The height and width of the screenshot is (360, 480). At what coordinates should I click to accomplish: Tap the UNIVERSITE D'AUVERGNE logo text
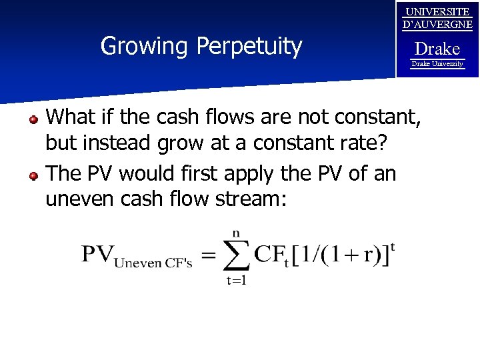(437, 18)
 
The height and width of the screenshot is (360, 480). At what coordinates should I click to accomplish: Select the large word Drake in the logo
(437, 49)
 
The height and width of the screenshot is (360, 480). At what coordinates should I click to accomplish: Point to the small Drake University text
(437, 64)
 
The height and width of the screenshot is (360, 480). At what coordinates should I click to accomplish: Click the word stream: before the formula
(249, 199)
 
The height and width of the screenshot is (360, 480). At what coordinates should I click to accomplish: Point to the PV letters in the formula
(97, 253)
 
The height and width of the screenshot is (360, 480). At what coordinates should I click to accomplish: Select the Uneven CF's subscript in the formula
(153, 263)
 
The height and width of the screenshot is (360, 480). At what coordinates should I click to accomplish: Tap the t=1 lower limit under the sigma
(236, 281)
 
